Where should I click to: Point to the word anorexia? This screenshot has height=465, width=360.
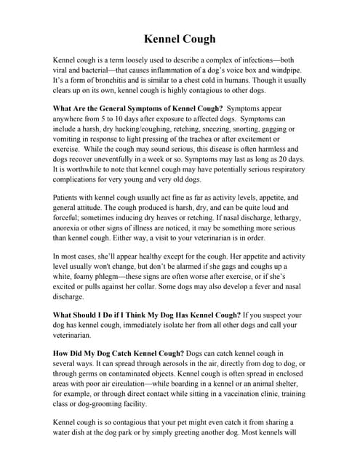71,237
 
